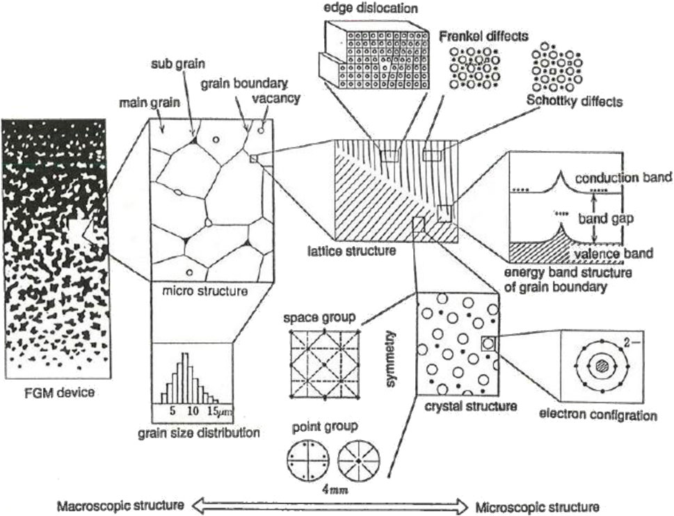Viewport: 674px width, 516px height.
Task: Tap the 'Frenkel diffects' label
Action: tap(479, 35)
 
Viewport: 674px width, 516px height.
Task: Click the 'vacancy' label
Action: tap(276, 98)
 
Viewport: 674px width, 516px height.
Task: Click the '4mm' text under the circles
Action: tap(341, 492)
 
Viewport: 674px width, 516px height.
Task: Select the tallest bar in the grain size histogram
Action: tap(184, 376)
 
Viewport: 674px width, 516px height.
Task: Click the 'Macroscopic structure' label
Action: tap(120, 505)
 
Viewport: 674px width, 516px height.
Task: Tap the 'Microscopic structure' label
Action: tap(536, 505)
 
